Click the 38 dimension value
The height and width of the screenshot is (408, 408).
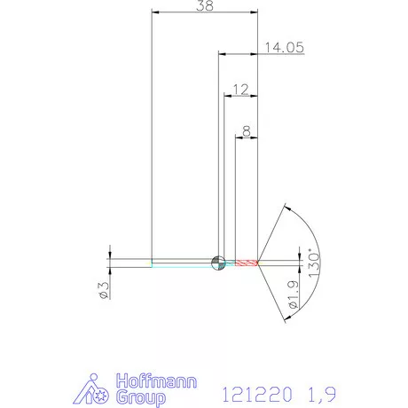(205, 6)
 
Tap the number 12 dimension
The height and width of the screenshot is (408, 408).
(239, 90)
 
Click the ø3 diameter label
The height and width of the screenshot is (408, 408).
(103, 289)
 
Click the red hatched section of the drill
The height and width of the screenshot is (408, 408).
(246, 263)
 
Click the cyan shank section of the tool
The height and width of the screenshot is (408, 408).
(182, 263)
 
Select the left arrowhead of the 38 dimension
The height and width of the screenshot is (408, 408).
(154, 13)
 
